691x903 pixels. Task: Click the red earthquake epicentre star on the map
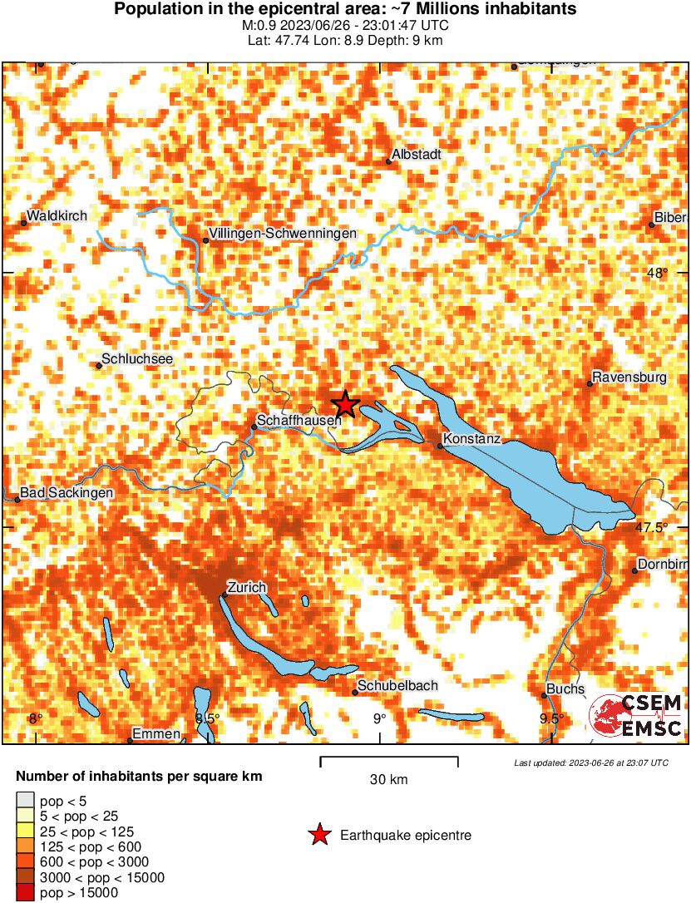(x=345, y=405)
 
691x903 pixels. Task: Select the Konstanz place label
(x=471, y=438)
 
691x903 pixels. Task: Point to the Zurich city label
(x=247, y=588)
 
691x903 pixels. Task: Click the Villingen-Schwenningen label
(x=284, y=234)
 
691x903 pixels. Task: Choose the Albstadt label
(x=416, y=155)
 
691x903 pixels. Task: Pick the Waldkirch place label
(x=57, y=216)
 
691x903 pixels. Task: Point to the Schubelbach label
(x=397, y=686)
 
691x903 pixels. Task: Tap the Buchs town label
(x=566, y=689)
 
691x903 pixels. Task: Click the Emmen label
(x=156, y=733)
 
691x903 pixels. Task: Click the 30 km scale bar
(x=389, y=757)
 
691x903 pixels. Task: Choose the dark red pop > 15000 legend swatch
(x=25, y=892)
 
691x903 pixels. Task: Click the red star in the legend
(x=318, y=835)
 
